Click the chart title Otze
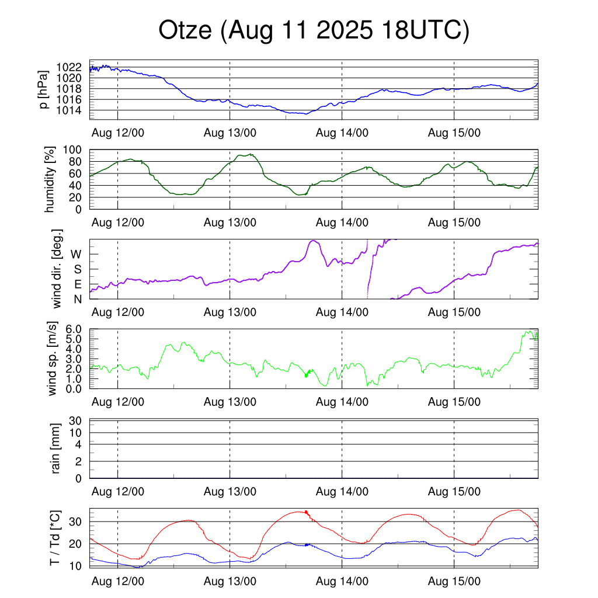click(314, 31)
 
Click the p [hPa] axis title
click(43, 89)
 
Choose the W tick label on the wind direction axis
click(76, 254)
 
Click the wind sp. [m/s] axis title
click(53, 359)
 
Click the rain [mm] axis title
click(56, 448)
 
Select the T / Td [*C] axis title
click(54, 538)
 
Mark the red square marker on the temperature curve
click(306, 512)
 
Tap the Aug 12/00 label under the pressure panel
click(118, 133)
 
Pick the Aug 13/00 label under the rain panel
click(230, 492)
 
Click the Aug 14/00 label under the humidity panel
click(342, 222)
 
